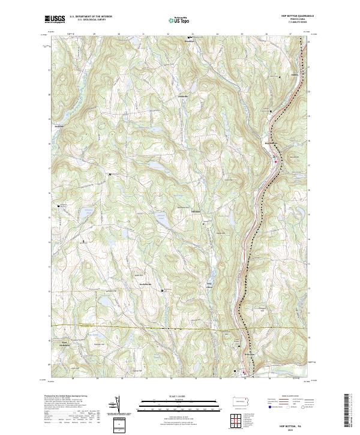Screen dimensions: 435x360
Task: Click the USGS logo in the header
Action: [x=55, y=19]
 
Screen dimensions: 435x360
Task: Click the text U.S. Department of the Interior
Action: [x=91, y=17]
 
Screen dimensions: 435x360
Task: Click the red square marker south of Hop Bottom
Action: [x=275, y=161]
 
